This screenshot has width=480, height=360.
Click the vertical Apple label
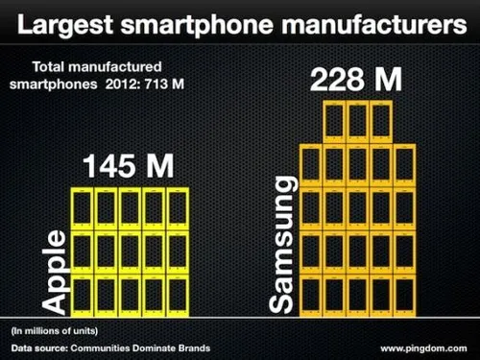click(x=57, y=272)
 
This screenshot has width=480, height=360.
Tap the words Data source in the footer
click(x=39, y=347)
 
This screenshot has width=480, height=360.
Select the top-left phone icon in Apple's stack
click(x=82, y=209)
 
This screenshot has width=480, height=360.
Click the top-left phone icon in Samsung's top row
click(x=333, y=122)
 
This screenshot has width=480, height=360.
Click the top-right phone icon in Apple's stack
click(x=177, y=209)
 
